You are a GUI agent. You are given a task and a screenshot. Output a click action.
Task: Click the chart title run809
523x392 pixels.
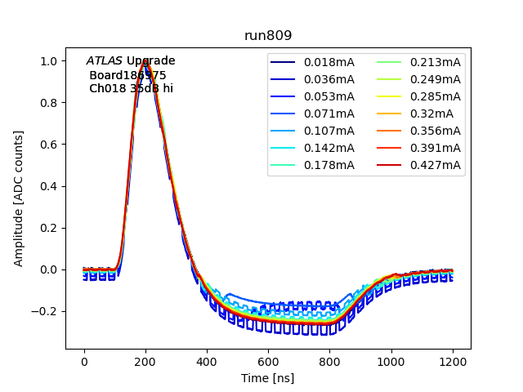pos(268,36)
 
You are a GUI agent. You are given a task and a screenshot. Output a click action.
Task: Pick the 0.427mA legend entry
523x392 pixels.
pos(435,166)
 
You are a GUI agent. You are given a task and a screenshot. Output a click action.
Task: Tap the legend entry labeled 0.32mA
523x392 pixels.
pos(431,114)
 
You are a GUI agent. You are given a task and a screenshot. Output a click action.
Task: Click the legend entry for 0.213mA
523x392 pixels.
pos(435,62)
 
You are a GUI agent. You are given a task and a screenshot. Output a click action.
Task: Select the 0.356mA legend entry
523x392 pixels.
pos(435,131)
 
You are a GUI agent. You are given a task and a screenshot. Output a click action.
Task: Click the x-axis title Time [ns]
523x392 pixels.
pos(268,378)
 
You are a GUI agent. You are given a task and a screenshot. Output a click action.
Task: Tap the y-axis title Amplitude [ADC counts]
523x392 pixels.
pos(19,198)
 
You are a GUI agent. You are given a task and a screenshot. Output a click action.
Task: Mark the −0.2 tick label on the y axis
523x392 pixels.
pos(46,311)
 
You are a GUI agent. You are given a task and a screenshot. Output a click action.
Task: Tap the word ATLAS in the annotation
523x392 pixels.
pos(105,61)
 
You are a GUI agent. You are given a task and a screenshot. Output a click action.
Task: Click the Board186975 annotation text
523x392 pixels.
pos(127,75)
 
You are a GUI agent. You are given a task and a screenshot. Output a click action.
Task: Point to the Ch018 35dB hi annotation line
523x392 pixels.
pos(131,89)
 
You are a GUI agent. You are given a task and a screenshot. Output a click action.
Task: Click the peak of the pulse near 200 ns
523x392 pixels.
pos(145,62)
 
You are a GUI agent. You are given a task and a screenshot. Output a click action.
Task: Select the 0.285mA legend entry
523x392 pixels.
pos(435,96)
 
